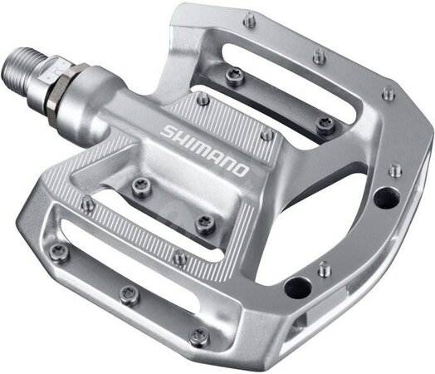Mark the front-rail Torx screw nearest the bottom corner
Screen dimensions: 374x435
coord(198,336)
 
